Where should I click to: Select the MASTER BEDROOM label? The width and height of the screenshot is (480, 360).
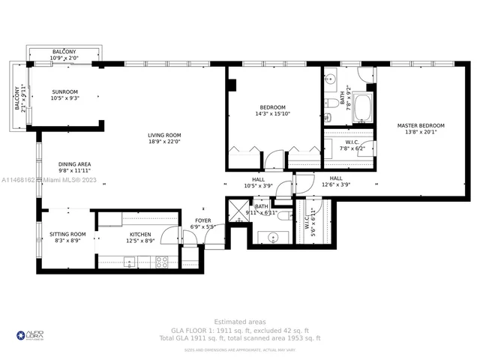(420, 125)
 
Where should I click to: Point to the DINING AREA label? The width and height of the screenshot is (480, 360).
(74, 163)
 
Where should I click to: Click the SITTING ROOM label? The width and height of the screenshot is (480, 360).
(67, 234)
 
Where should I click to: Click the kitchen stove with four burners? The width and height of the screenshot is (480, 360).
(160, 262)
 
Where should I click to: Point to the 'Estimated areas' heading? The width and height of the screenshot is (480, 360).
(239, 320)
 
